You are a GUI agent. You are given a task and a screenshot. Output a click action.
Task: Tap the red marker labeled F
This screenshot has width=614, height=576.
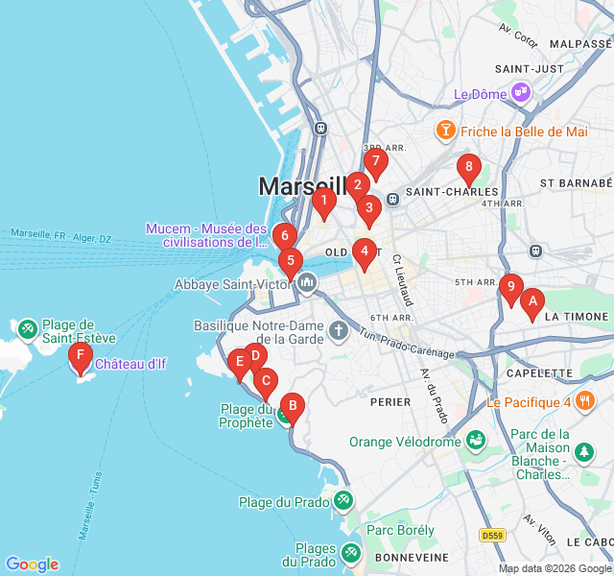click(81, 358)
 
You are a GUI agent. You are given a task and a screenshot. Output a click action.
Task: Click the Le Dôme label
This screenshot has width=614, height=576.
click(480, 94)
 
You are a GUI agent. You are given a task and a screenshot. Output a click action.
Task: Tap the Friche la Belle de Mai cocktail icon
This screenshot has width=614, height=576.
click(445, 131)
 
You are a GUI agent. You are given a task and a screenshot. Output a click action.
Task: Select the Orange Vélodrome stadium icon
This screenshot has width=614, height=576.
click(475, 442)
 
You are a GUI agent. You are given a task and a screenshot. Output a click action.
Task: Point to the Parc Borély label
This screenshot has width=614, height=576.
click(400, 530)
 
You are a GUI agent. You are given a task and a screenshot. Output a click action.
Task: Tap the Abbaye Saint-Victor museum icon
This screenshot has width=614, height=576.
click(307, 283)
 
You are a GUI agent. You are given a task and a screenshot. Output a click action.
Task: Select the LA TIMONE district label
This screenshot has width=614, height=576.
click(577, 316)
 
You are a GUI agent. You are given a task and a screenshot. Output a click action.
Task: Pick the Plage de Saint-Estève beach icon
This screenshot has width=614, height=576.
click(27, 330)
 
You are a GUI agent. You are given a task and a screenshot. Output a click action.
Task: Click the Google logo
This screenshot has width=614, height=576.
click(32, 564)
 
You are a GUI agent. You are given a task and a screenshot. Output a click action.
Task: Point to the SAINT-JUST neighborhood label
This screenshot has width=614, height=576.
click(529, 68)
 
